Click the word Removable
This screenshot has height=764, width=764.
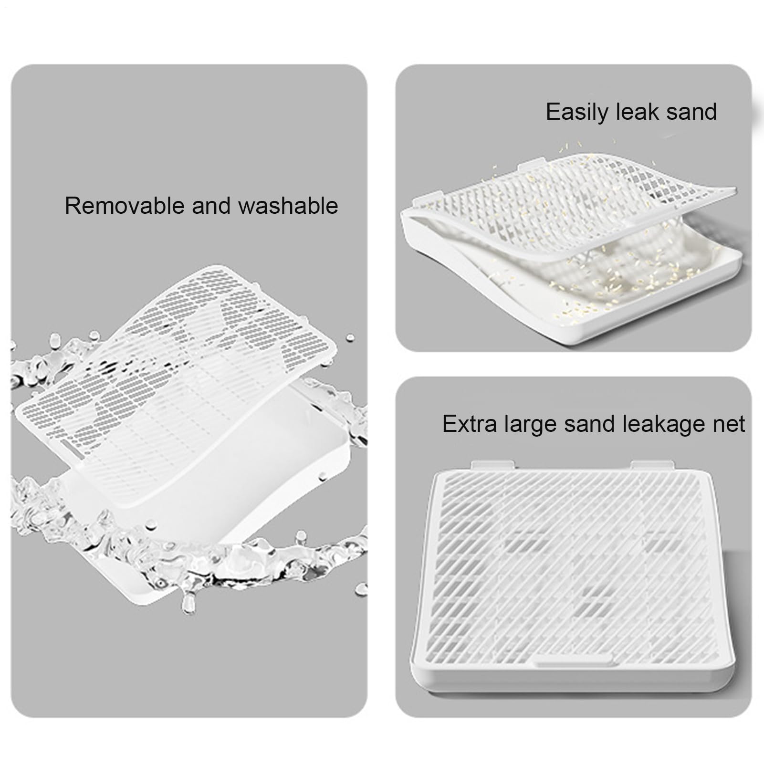click(125, 206)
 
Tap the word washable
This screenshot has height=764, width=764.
click(288, 206)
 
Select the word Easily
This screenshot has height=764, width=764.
click(577, 113)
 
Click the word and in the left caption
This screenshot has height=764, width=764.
click(212, 206)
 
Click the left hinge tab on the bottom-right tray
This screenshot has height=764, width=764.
click(493, 465)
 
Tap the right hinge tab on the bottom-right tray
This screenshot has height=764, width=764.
click(652, 465)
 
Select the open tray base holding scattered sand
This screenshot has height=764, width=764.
click(573, 282)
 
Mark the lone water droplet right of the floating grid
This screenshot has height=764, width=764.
click(350, 337)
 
